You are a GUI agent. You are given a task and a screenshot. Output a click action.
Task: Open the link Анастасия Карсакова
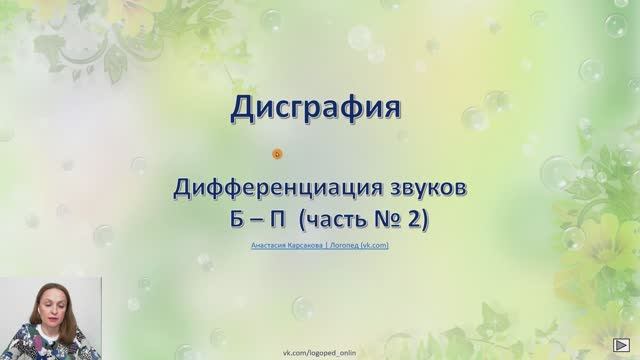coord(284,242)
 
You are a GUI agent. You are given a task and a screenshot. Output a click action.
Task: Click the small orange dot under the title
coord(277,153)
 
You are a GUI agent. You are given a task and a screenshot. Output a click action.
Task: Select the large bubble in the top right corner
coord(616,24)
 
